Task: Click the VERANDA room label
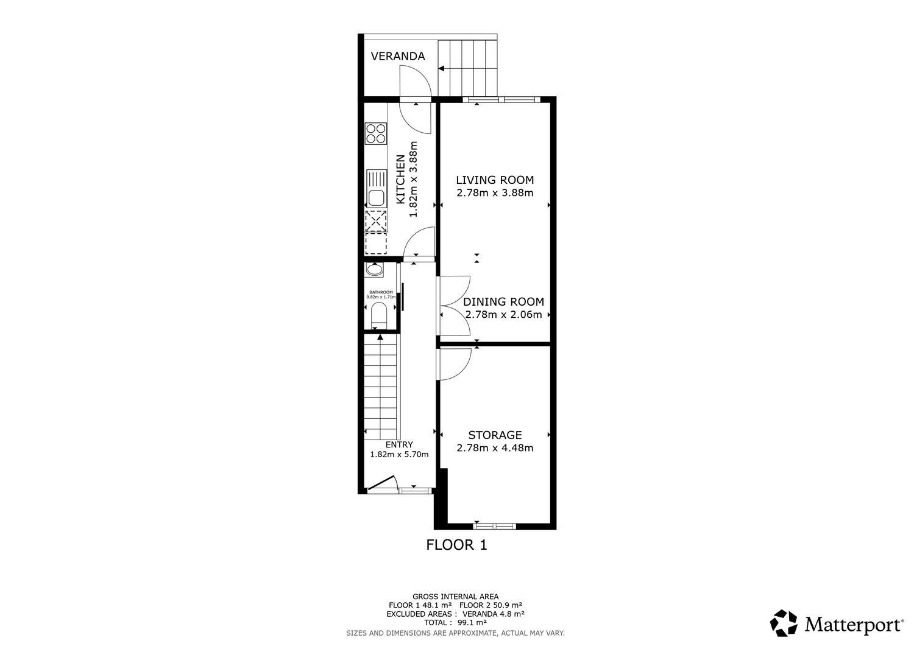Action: (x=397, y=56)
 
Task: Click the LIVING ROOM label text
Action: (x=495, y=180)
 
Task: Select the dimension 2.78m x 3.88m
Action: (x=495, y=193)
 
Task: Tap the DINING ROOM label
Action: (x=503, y=302)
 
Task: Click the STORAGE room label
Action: (x=495, y=435)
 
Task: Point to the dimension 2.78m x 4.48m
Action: (x=495, y=448)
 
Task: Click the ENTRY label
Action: (x=399, y=444)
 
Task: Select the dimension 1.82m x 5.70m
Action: (x=399, y=454)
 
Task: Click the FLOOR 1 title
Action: (x=456, y=545)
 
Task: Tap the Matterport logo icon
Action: (x=784, y=623)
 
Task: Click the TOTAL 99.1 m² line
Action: (x=455, y=623)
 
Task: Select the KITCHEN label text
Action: (x=401, y=180)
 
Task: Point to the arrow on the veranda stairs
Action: (x=441, y=69)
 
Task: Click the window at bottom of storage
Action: (x=494, y=526)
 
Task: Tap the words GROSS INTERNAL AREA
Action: (x=455, y=597)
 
